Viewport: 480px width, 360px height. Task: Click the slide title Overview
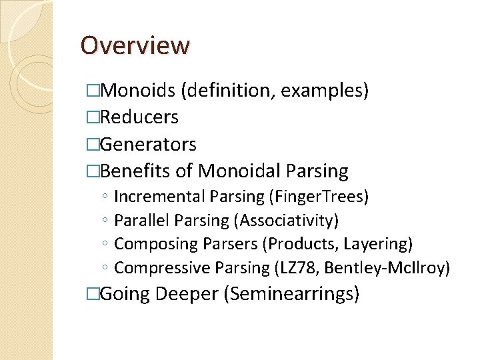click(135, 45)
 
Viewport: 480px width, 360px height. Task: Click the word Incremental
click(160, 197)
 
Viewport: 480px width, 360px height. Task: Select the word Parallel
click(140, 220)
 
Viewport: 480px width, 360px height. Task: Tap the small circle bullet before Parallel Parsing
click(106, 221)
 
